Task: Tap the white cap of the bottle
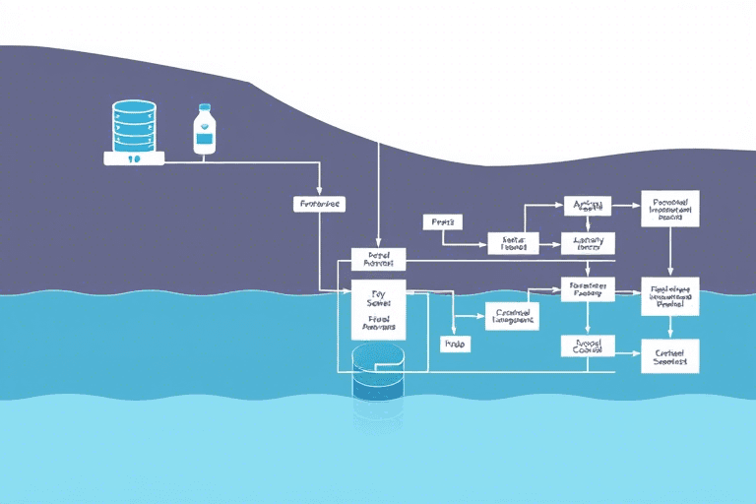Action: (205, 109)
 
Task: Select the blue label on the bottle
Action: (205, 138)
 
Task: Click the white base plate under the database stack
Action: (135, 157)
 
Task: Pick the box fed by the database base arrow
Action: (319, 204)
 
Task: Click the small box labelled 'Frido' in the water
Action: (455, 345)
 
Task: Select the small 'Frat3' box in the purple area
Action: (442, 222)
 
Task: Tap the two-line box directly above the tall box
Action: (378, 259)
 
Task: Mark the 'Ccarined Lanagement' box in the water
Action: (513, 315)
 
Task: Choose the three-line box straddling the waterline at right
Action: (669, 295)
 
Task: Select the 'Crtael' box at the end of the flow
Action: (669, 355)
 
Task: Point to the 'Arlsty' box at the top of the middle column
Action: (587, 205)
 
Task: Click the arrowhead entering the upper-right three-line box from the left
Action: (637, 206)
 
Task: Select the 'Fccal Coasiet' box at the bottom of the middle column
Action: (587, 346)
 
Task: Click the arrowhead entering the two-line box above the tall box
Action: (378, 245)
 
